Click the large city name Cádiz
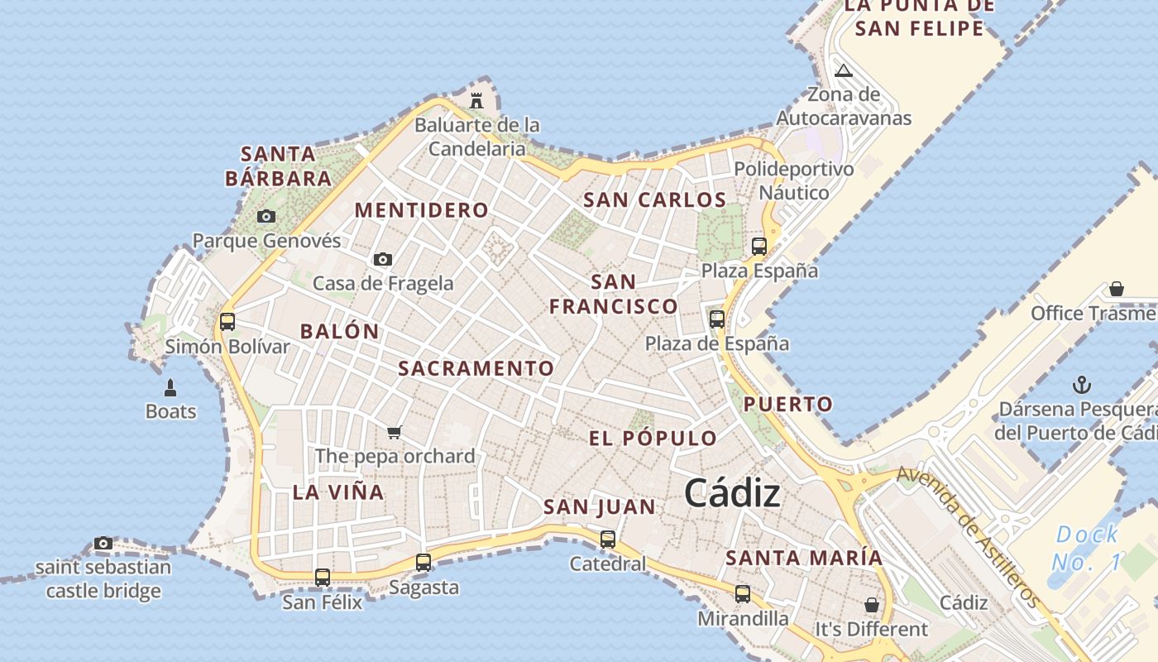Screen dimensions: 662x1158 click(732, 493)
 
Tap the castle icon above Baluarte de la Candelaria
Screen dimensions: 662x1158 click(476, 101)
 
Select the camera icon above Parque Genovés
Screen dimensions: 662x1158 click(266, 217)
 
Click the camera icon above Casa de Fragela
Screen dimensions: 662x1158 click(382, 260)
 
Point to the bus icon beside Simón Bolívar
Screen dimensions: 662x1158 click(227, 321)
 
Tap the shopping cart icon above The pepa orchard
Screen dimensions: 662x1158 click(395, 432)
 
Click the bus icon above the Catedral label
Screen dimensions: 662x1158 click(608, 540)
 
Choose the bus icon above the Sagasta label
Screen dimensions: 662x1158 click(423, 563)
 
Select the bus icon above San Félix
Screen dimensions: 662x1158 click(323, 577)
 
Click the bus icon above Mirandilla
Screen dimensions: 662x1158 click(743, 593)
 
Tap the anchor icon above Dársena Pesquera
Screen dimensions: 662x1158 click(1081, 385)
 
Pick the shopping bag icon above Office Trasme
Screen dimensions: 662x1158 click(1117, 289)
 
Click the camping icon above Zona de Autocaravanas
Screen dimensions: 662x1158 click(844, 70)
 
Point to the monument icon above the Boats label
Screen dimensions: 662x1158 click(170, 387)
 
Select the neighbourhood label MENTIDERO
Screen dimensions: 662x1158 click(422, 210)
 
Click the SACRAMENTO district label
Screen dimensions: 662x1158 click(476, 368)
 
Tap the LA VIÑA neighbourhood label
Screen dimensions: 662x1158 click(338, 492)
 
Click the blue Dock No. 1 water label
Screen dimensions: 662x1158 click(1087, 548)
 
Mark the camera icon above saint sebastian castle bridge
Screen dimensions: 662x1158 click(103, 544)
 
